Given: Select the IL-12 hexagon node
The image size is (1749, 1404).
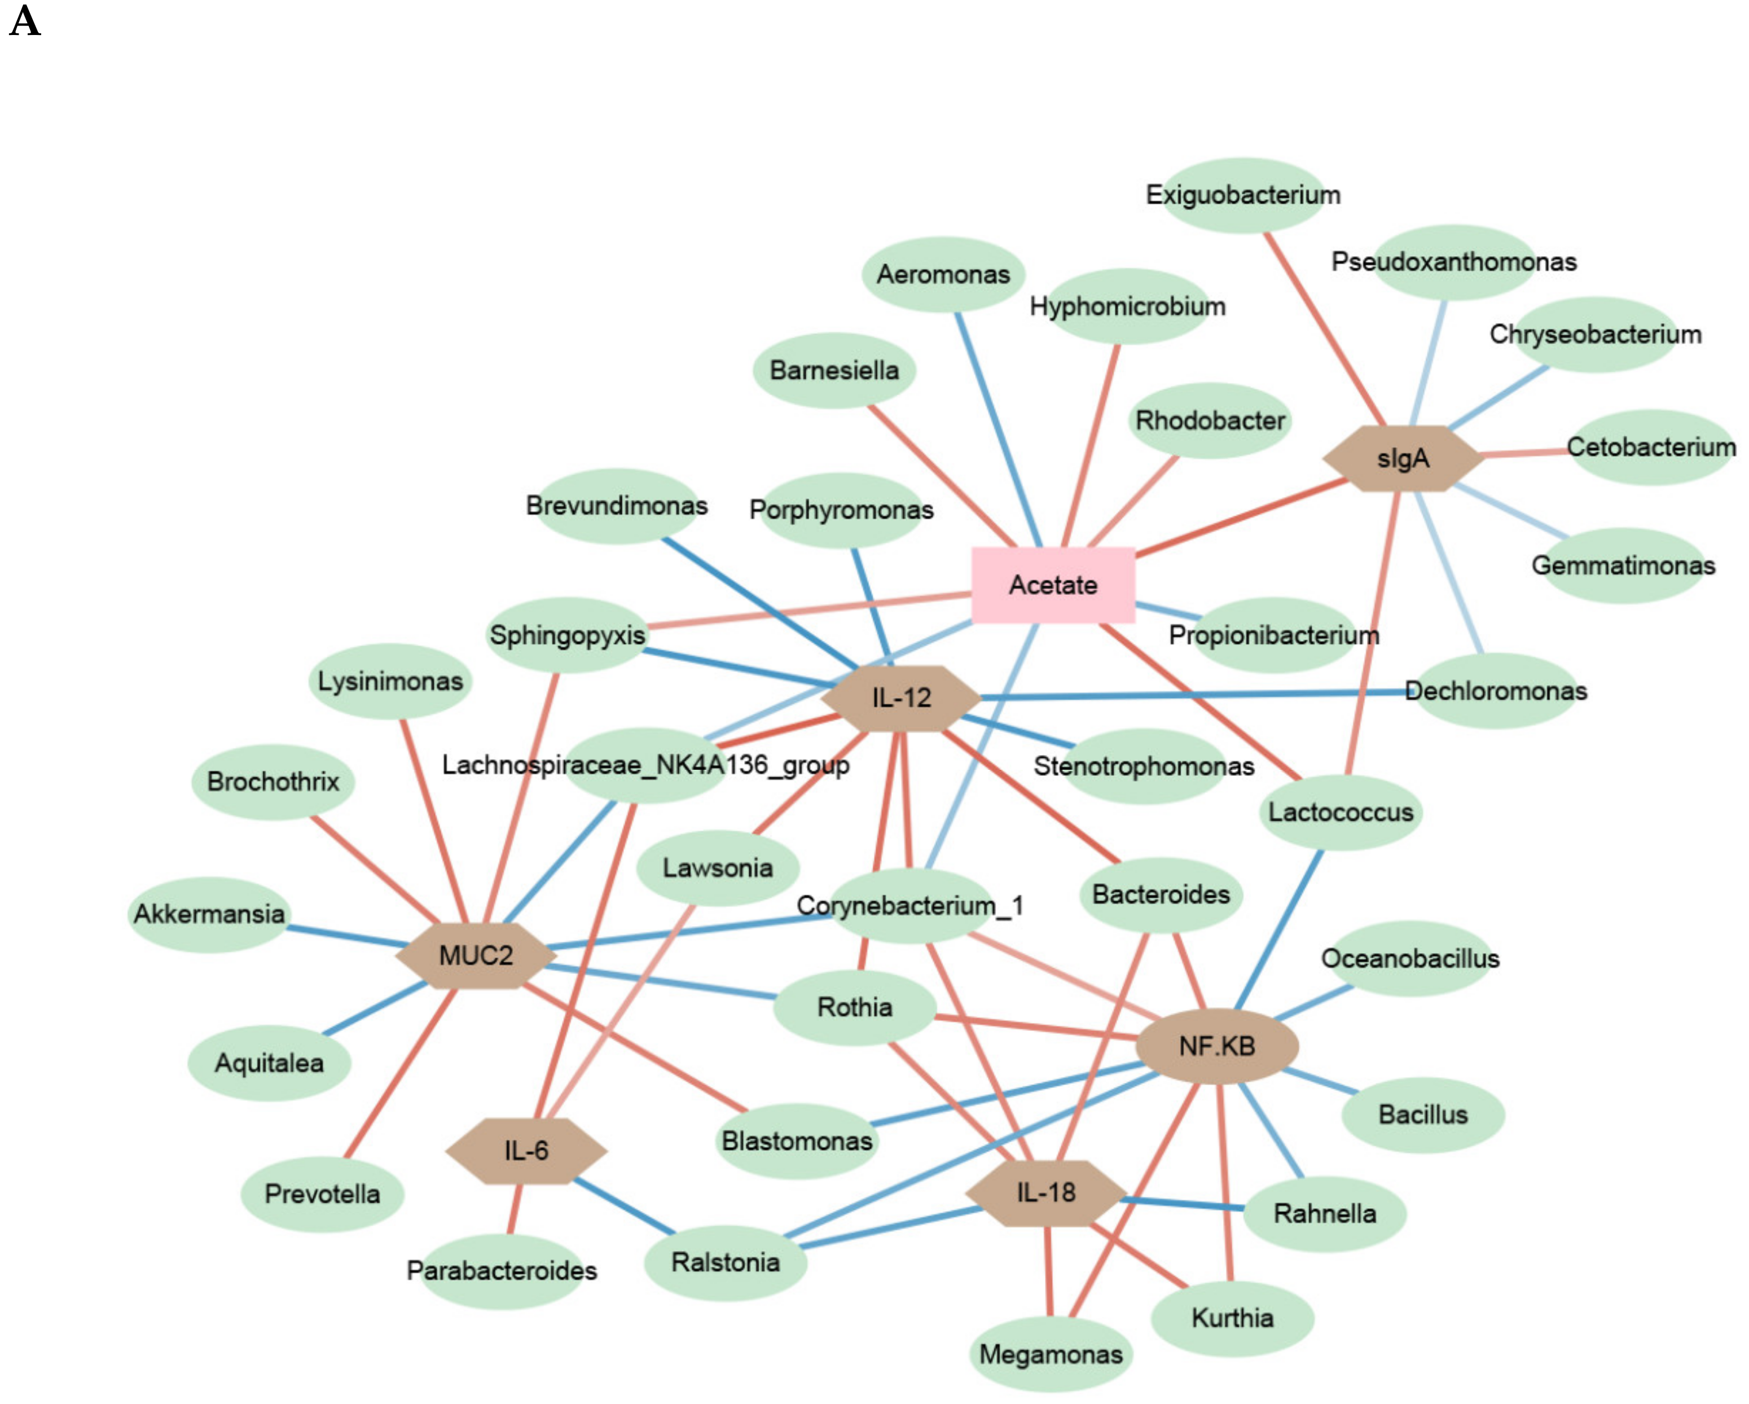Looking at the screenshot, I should [900, 698].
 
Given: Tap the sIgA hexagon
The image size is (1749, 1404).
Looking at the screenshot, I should [1403, 459].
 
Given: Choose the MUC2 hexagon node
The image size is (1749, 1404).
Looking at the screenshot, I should [476, 955].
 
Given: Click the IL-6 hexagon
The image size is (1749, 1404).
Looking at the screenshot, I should [526, 1150].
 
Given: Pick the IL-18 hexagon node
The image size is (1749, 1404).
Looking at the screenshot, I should [1045, 1192].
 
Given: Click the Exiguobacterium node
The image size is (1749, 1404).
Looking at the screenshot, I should [1243, 195].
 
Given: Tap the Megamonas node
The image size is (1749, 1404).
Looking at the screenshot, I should [1051, 1354].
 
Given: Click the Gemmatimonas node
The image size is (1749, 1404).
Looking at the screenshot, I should [1623, 565].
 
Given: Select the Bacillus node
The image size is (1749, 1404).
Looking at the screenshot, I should [1423, 1115].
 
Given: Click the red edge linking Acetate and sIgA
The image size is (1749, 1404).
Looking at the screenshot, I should [1241, 517].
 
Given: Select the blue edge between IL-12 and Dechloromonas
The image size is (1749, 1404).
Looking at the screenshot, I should [1193, 695].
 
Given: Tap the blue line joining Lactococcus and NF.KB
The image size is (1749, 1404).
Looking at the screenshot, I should [1278, 929].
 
